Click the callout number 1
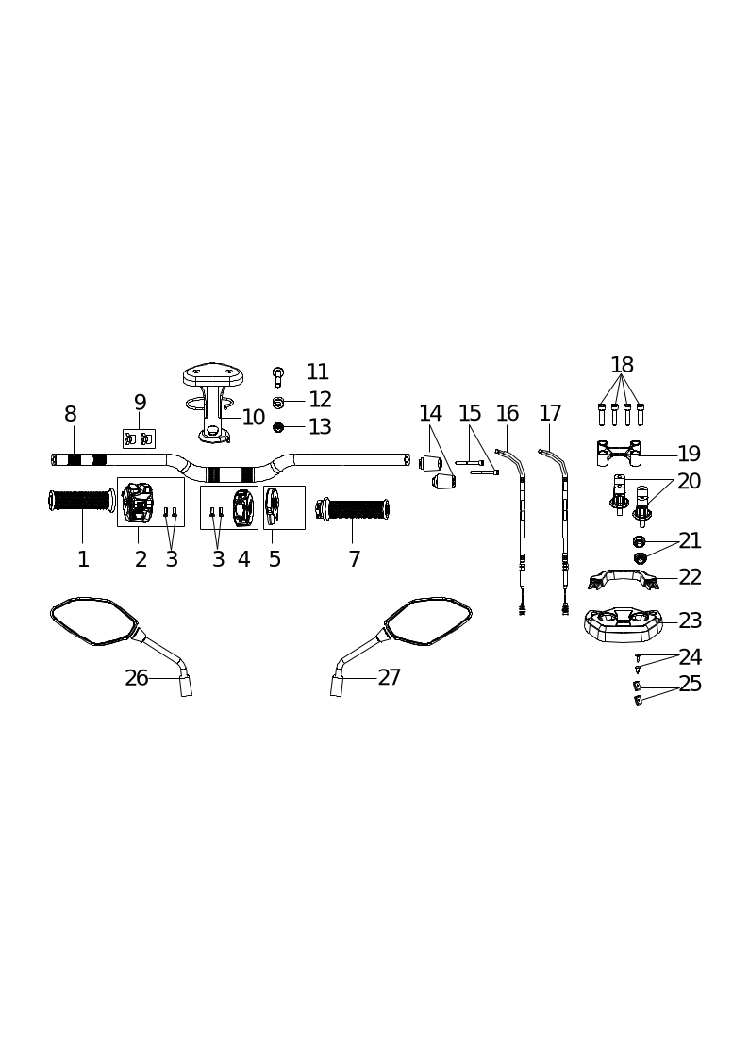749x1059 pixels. pos(83,559)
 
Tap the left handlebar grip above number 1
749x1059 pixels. pos(82,501)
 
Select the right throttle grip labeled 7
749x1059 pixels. pos(352,510)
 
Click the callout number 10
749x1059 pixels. pos(253,418)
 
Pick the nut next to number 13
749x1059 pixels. pos(277,427)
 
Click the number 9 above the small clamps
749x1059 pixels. pos(140,403)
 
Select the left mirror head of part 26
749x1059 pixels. pos(94,621)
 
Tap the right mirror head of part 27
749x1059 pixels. pos(427,621)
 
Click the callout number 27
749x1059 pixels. pos(389,677)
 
